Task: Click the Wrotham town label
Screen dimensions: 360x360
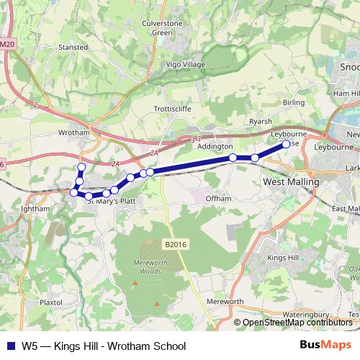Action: pyautogui.click(x=73, y=133)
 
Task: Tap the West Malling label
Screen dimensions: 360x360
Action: pyautogui.click(x=292, y=183)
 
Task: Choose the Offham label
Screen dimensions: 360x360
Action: pyautogui.click(x=218, y=198)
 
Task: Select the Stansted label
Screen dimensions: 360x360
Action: pyautogui.click(x=73, y=47)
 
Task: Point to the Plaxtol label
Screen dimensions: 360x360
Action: pyautogui.click(x=52, y=303)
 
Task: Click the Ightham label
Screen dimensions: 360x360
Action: pyautogui.click(x=35, y=209)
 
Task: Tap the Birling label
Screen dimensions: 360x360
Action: pyautogui.click(x=294, y=102)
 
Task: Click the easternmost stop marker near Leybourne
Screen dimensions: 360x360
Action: pyautogui.click(x=286, y=144)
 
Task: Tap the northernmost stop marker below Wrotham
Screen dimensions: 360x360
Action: pyautogui.click(x=81, y=167)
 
